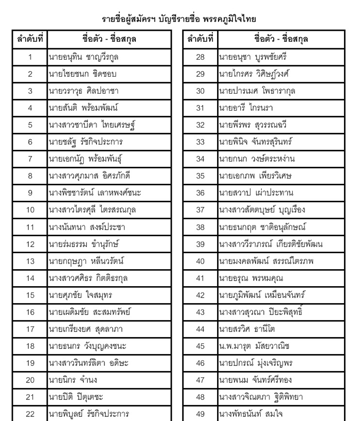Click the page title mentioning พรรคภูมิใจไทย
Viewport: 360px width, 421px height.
coord(179,19)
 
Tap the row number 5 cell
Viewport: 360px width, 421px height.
coord(30,124)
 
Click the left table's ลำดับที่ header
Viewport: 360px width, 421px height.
coord(30,39)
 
